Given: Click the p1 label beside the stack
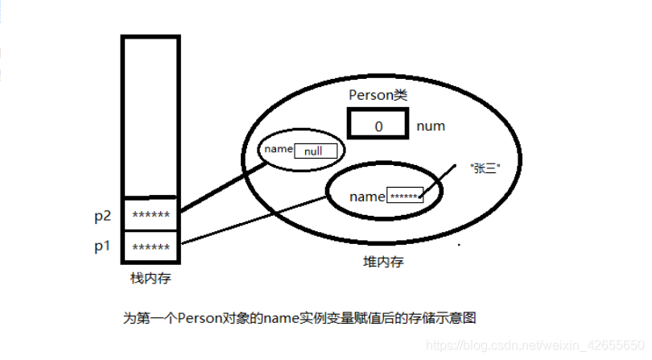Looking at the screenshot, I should (101, 246).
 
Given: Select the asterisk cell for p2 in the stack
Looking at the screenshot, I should (151, 215).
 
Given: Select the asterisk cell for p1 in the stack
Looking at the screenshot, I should (151, 247).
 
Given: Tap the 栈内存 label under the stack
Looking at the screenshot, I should (151, 278).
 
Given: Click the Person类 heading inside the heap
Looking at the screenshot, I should (378, 95).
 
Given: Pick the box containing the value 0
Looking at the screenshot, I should (378, 126).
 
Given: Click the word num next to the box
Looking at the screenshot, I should (431, 126).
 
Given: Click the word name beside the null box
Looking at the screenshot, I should (277, 149).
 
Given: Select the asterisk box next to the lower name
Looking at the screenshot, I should (404, 197).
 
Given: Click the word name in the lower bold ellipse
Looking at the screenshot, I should (367, 197).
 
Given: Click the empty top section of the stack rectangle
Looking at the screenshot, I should (151, 113).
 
